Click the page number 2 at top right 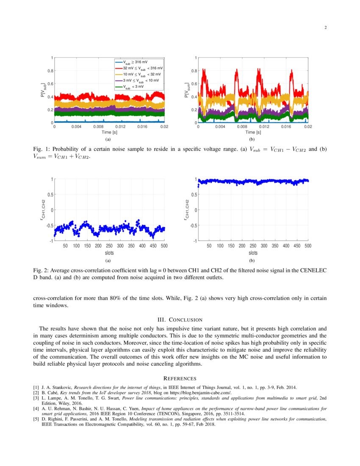point(325,28)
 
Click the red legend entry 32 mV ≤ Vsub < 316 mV point(142,68)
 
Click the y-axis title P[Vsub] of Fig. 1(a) point(43,90)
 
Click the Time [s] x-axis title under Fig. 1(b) point(253,133)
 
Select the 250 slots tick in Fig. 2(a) point(109,246)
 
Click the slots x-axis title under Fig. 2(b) point(252,253)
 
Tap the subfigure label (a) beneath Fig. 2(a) point(108,261)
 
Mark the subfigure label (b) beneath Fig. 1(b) point(252,139)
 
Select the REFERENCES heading point(180,378)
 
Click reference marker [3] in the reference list point(36,398)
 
